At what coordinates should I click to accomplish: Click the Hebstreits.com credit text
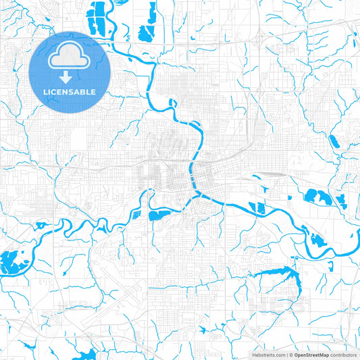[265, 354]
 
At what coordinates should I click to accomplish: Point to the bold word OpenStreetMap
[311, 354]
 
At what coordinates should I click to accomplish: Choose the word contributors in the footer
[344, 354]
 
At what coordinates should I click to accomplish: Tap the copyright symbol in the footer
[291, 354]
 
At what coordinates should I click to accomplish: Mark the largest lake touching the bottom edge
[86, 355]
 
